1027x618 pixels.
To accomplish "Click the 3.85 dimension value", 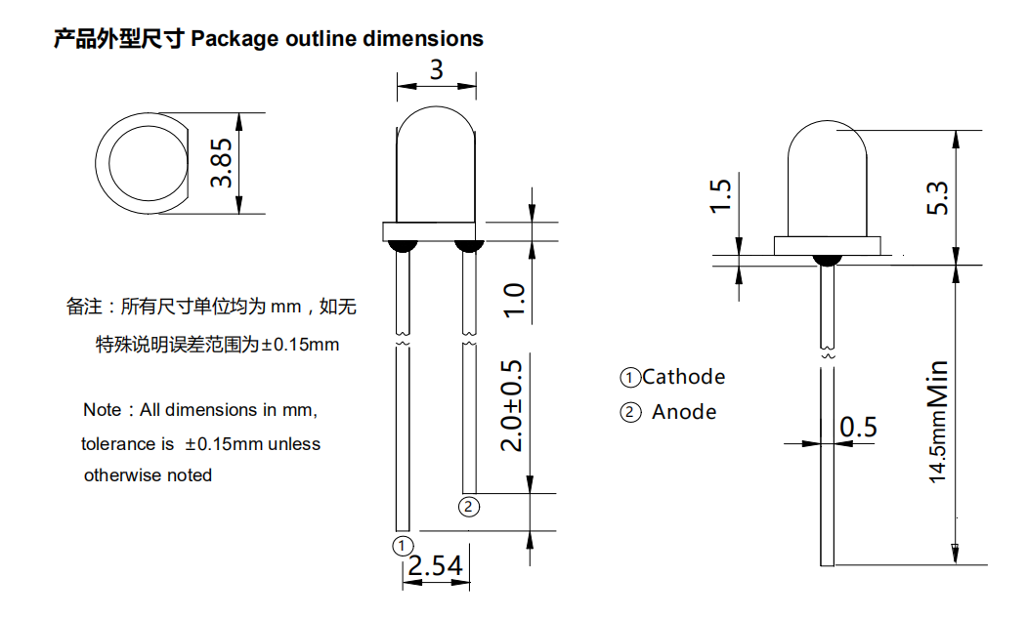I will coord(223,163).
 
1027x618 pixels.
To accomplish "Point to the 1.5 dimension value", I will coord(720,195).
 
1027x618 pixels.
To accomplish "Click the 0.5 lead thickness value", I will coord(858,427).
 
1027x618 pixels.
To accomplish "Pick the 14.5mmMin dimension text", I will coord(937,422).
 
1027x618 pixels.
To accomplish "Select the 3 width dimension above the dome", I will coord(436,70).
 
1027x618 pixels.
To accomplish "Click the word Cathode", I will coord(684,377).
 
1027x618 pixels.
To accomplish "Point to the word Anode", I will coord(684,412).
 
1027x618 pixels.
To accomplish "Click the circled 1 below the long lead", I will coord(403,545).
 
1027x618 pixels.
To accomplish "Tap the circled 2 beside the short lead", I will coord(469,506).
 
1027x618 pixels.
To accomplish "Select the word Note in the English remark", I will coord(103,410).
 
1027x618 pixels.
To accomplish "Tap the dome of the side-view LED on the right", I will coord(828,171).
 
